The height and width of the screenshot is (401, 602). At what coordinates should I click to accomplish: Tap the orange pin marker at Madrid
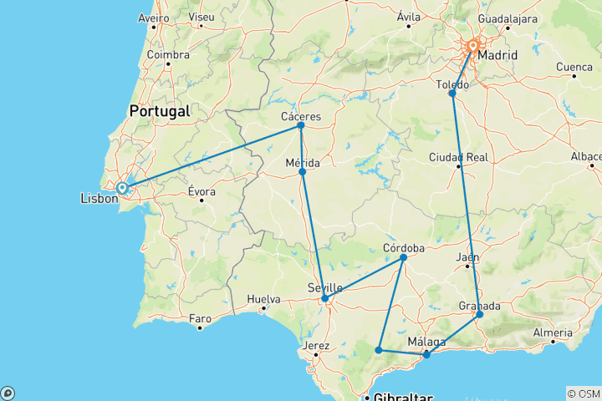[x=472, y=48]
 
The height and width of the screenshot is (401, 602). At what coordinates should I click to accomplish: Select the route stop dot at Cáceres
[x=301, y=125]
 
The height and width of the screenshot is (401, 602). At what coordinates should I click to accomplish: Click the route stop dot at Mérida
[x=303, y=171]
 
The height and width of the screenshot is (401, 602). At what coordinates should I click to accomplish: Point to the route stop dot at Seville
[x=324, y=298]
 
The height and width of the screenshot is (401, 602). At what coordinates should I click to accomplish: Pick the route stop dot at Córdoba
[x=403, y=257]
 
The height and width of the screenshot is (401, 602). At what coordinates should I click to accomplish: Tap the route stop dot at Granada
[x=479, y=315]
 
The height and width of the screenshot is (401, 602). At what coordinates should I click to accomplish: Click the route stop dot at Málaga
[x=426, y=355]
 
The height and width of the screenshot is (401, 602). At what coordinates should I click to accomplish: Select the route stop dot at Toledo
[x=452, y=94]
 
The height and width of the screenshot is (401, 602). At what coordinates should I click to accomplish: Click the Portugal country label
[x=159, y=111]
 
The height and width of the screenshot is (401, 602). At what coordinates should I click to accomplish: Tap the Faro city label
[x=200, y=318]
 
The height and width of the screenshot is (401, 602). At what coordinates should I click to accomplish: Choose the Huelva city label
[x=264, y=298]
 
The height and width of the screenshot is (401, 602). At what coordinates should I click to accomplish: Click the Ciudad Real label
[x=458, y=157]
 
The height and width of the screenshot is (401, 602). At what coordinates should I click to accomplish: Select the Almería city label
[x=553, y=333]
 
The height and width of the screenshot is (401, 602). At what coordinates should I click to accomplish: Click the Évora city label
[x=202, y=190]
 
